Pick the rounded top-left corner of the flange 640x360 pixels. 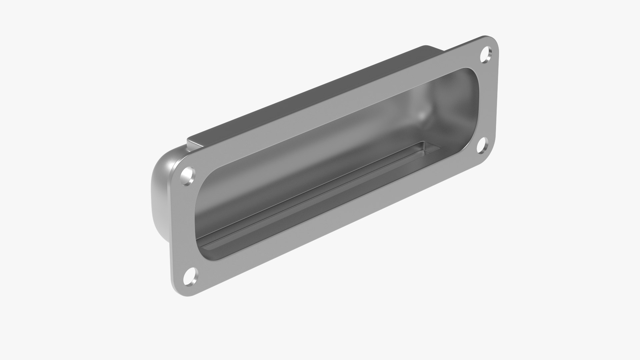[179, 165]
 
